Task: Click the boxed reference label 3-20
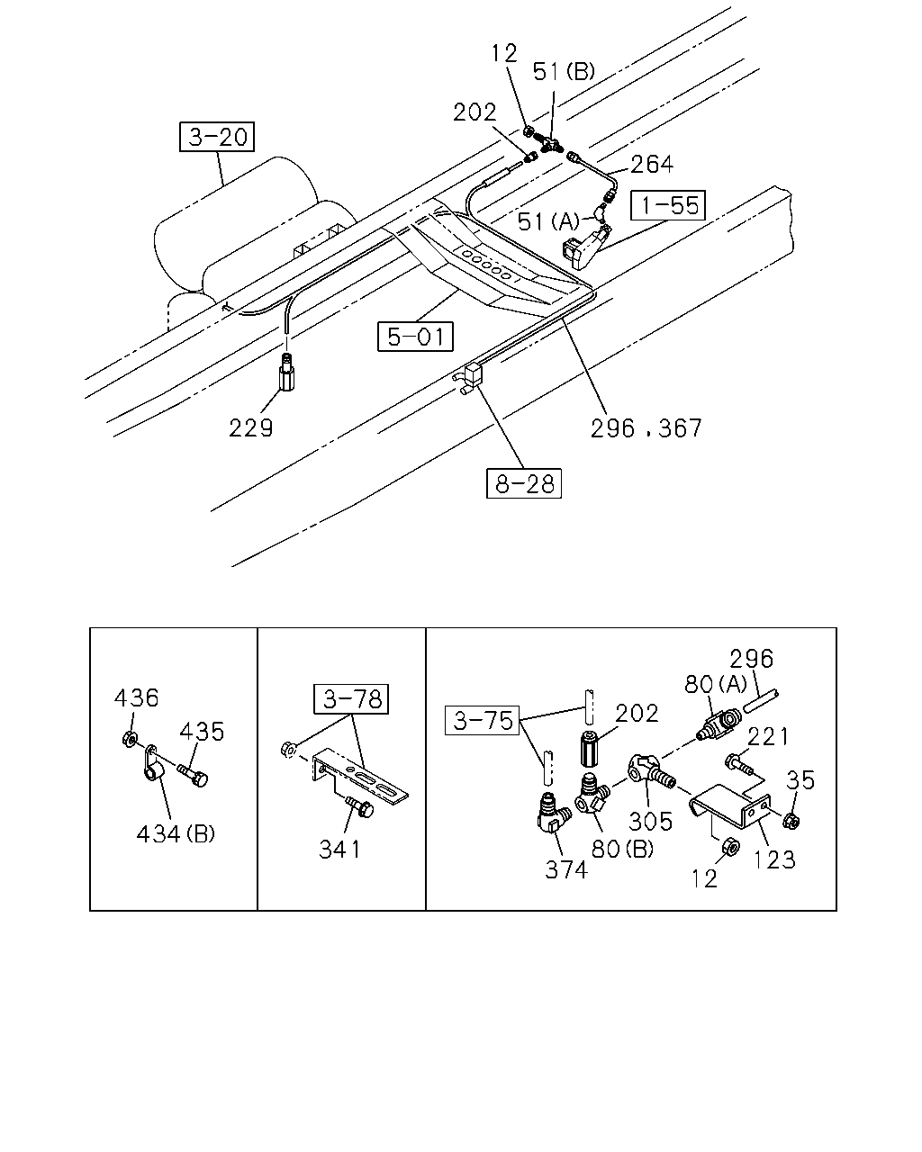[x=216, y=137]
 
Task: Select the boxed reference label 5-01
[x=415, y=337]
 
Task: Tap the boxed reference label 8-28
[x=524, y=483]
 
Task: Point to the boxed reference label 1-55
[x=668, y=205]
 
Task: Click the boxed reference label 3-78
[x=351, y=699]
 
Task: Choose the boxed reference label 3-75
[x=483, y=721]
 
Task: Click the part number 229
[x=250, y=428]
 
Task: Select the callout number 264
[x=652, y=165]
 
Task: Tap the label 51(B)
[x=565, y=71]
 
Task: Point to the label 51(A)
[x=549, y=221]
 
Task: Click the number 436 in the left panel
[x=136, y=698]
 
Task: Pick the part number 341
[x=339, y=850]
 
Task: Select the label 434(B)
[x=176, y=833]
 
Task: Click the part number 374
[x=566, y=870]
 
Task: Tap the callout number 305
[x=650, y=821]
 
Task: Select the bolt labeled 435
[x=193, y=776]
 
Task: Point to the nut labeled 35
[x=791, y=821]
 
